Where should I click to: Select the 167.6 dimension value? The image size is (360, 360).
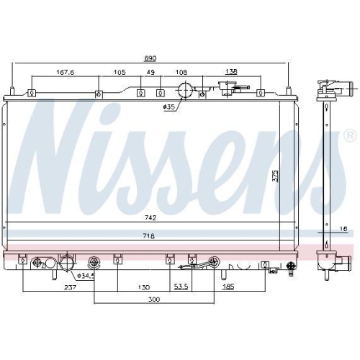click(67, 71)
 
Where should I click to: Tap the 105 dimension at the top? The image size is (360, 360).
click(119, 72)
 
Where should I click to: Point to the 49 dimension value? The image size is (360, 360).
click(150, 72)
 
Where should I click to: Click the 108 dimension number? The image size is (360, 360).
click(181, 72)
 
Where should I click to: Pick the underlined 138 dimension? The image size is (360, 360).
click(232, 72)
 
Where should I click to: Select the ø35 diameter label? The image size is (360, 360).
click(169, 107)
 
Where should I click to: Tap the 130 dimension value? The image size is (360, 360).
click(145, 287)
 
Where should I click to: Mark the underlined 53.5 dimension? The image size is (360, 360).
click(180, 287)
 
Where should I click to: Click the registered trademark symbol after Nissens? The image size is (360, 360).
click(350, 135)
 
